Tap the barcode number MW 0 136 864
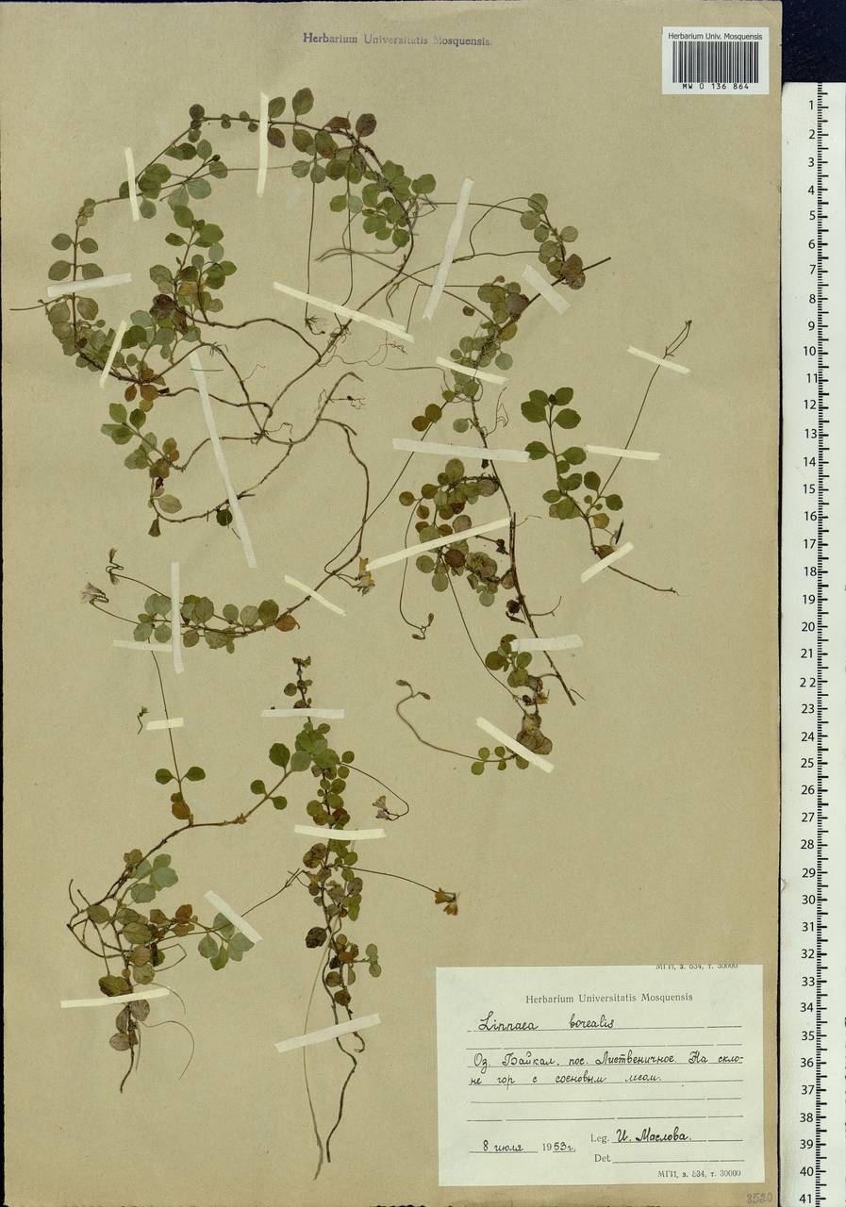click(716, 86)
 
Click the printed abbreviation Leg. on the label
click(600, 1138)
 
